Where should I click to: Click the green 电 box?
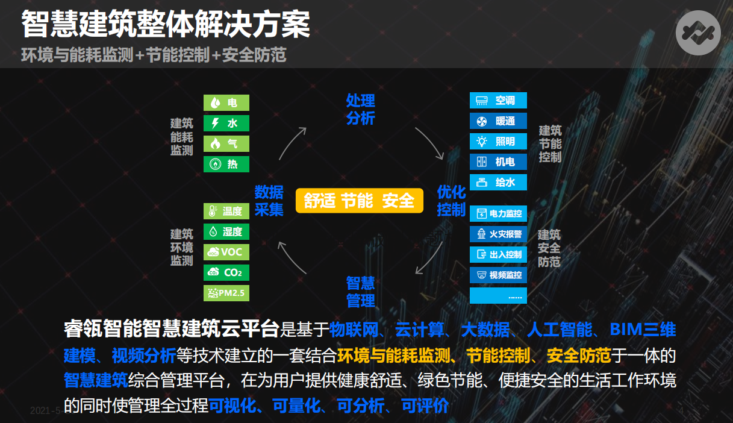point(226,103)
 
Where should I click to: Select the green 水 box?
point(226,123)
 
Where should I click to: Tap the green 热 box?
point(226,164)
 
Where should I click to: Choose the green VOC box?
point(226,252)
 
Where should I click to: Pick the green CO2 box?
point(226,272)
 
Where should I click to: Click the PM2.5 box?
point(226,293)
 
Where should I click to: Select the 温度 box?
point(226,211)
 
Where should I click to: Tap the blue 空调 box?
point(498,100)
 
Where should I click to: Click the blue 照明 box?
point(498,141)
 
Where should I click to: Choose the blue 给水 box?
point(498,182)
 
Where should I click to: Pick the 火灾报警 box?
point(498,234)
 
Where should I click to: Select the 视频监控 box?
point(498,275)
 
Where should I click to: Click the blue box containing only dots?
point(498,296)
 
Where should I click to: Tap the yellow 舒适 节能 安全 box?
point(360,201)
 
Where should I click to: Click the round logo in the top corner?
point(698,33)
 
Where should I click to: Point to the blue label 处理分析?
point(361,109)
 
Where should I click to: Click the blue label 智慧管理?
point(361,292)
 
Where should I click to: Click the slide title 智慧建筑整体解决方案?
point(166,24)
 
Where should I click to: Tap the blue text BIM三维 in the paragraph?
point(643,330)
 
